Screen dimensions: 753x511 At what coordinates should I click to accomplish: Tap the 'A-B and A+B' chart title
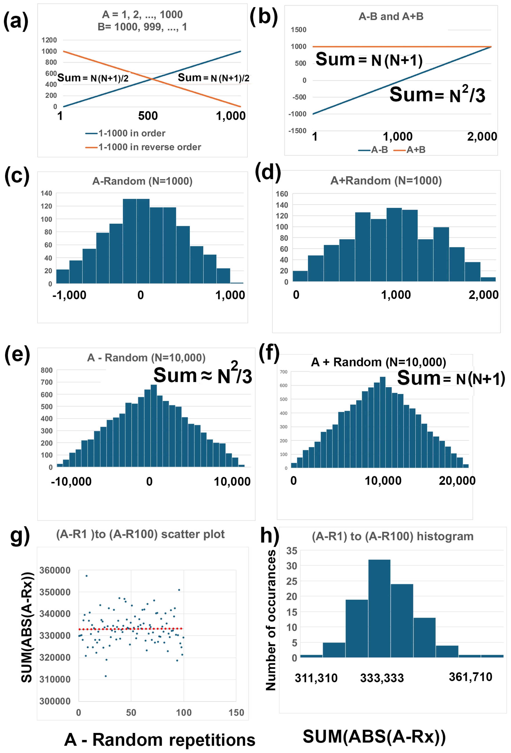[x=391, y=17]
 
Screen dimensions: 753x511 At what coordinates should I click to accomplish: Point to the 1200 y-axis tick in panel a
[x=49, y=40]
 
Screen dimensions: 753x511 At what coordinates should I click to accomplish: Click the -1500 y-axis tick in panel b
[x=297, y=131]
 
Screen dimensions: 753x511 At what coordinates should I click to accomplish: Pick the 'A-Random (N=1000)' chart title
[x=142, y=181]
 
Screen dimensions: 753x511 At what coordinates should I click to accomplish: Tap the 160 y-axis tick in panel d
[x=282, y=194]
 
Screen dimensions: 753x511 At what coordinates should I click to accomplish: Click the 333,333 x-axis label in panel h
[x=382, y=678]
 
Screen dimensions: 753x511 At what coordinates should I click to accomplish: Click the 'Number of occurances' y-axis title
[x=271, y=620]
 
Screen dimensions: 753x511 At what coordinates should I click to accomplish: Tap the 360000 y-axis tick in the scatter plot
[x=55, y=570]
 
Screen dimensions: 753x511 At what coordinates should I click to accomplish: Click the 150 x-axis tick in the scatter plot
[x=236, y=713]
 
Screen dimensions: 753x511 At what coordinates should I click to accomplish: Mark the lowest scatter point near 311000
[x=106, y=676]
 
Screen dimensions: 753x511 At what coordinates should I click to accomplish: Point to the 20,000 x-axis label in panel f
[x=457, y=481]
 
